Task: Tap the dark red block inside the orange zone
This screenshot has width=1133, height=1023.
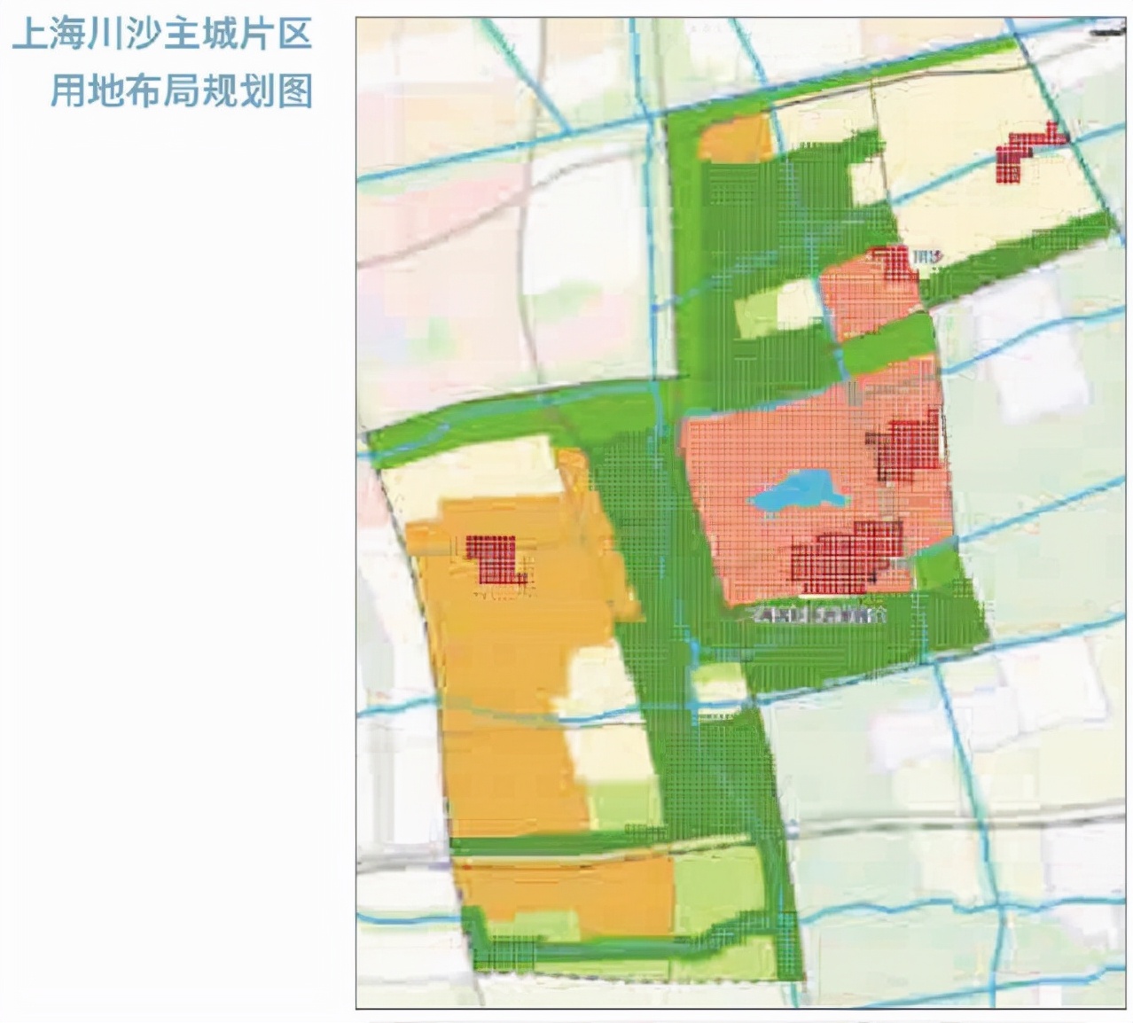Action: (494, 558)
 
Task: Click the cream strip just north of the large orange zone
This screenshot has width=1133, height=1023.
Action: (470, 470)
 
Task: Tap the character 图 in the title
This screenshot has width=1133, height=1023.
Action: (295, 90)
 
